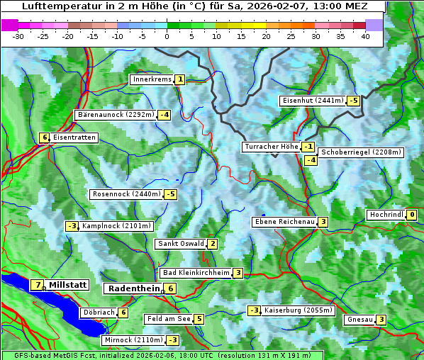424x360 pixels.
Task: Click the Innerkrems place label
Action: [x=152, y=79]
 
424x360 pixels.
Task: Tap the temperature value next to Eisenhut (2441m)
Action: [x=353, y=101]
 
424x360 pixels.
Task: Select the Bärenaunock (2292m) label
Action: [x=115, y=114]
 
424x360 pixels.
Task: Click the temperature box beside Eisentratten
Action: [x=44, y=137]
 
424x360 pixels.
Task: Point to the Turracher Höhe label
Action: [x=271, y=147]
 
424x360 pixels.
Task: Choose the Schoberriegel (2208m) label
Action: [x=361, y=152]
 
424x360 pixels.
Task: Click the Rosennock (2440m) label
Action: [x=126, y=194]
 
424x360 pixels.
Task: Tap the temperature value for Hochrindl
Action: [x=412, y=215]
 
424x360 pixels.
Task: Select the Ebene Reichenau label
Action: [x=284, y=222]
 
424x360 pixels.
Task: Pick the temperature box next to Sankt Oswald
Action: [x=212, y=244]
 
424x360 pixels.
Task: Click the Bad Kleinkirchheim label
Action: [x=196, y=273]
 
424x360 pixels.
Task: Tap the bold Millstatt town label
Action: [x=67, y=285]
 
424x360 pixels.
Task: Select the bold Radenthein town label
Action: [x=133, y=288]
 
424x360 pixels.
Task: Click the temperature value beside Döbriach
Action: [x=123, y=313]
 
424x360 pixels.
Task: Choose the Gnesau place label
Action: [x=359, y=320]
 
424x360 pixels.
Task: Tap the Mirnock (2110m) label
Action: [x=133, y=340]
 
